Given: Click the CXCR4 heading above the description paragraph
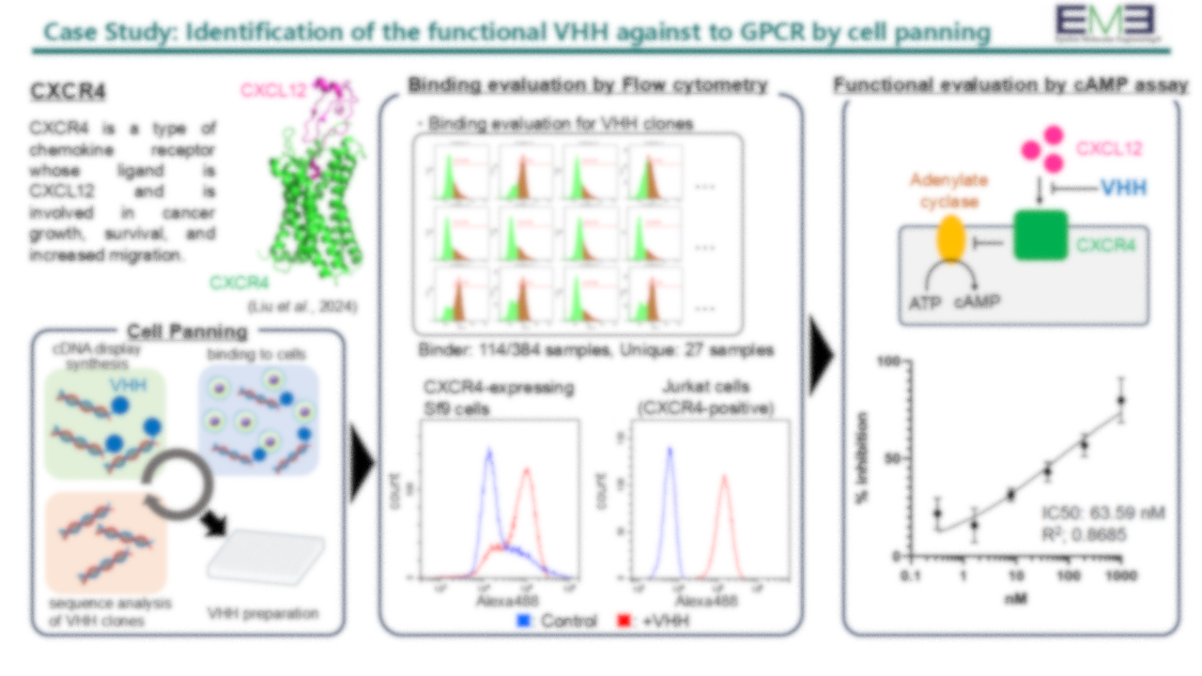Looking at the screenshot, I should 67,92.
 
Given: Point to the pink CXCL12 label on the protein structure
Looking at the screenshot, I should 273,90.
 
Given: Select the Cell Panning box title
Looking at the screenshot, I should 187,331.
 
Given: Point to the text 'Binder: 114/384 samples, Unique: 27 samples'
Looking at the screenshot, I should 595,350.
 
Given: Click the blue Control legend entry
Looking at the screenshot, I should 556,622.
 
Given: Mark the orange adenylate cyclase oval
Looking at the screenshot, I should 950,240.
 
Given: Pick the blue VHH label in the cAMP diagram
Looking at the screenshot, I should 1123,187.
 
